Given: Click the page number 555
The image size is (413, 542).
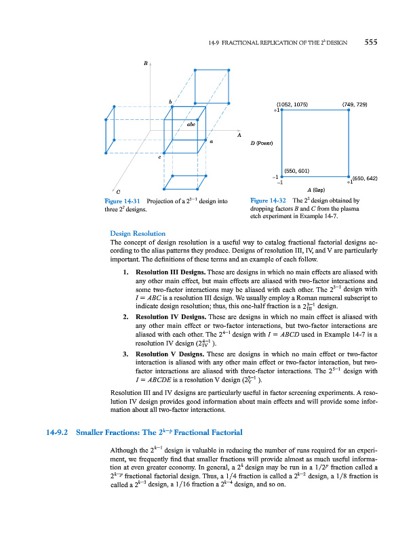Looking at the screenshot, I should (x=370, y=41).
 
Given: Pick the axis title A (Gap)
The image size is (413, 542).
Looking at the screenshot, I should (x=319, y=190).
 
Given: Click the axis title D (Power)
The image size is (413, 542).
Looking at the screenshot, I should (x=262, y=144).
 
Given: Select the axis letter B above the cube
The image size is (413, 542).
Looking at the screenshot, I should (x=145, y=63).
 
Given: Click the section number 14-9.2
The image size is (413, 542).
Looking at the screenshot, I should (x=58, y=432).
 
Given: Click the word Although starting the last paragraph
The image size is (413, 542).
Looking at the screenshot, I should (x=124, y=451).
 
